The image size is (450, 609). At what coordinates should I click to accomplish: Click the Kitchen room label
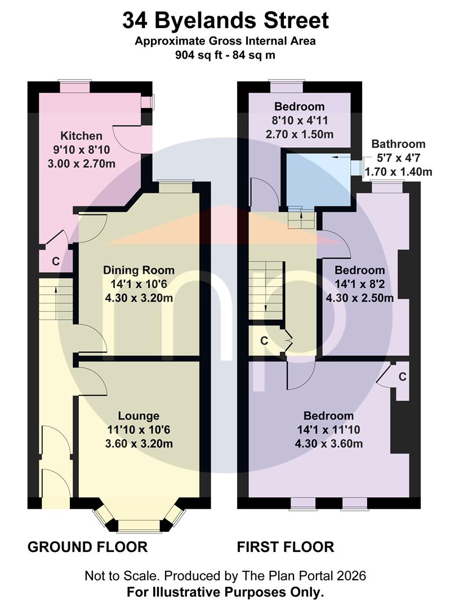(82, 136)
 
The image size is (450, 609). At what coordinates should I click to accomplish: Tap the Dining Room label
(139, 270)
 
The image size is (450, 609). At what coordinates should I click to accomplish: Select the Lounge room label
(139, 416)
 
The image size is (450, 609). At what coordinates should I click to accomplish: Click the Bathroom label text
(398, 144)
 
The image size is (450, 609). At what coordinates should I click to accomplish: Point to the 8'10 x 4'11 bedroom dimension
(299, 121)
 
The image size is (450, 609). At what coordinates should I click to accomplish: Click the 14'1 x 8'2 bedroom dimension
(360, 284)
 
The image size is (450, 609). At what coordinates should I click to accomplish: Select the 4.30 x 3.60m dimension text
(328, 444)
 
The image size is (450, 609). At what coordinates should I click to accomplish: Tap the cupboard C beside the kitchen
(56, 262)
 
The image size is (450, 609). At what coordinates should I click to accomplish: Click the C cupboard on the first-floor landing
(264, 341)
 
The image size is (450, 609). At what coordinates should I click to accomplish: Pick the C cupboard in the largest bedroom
(402, 377)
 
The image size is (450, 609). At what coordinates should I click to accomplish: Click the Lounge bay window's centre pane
(139, 526)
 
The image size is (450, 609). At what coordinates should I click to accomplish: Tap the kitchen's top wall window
(74, 87)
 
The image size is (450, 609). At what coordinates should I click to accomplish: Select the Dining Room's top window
(175, 187)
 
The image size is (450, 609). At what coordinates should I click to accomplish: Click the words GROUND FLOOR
(88, 547)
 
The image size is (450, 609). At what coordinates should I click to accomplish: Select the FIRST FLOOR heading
(286, 547)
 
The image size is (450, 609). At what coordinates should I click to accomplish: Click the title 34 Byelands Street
(225, 21)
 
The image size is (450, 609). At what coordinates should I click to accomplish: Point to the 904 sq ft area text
(199, 55)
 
